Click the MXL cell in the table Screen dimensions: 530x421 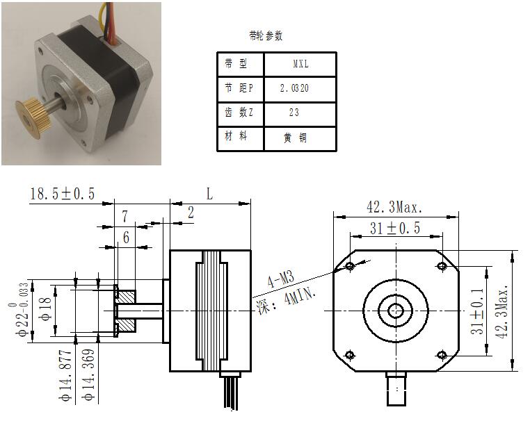pyautogui.click(x=300, y=64)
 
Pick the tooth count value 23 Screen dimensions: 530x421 pyautogui.click(x=294, y=113)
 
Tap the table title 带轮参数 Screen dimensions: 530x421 pyautogui.click(x=266, y=35)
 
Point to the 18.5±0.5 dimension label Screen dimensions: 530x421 pyautogui.click(x=63, y=194)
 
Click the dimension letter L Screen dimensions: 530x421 pyautogui.click(x=209, y=194)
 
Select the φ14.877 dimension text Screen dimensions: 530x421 pyautogui.click(x=65, y=375)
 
